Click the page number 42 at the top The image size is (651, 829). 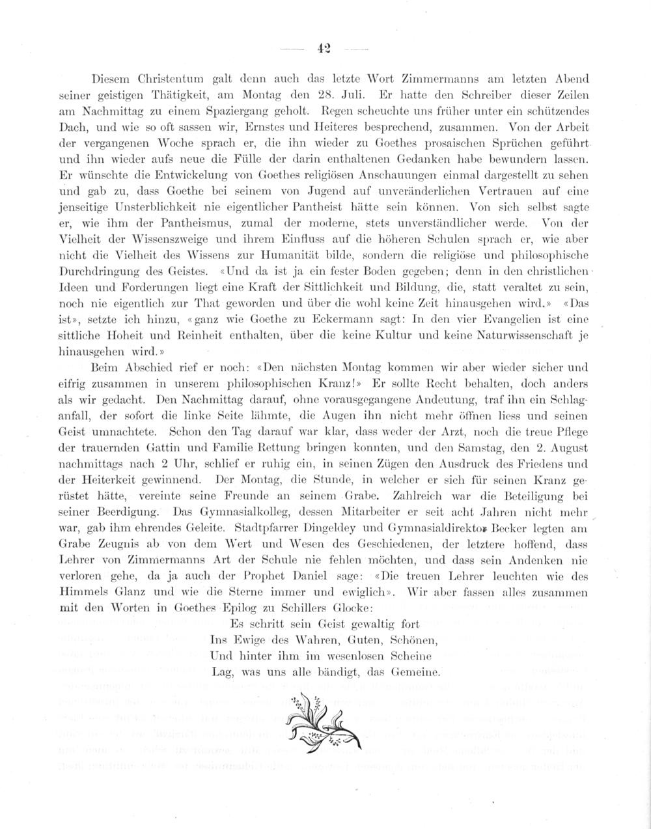tap(324, 48)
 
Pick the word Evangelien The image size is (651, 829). tap(524, 320)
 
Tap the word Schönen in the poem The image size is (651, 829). tap(410, 639)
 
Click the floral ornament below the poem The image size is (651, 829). tap(324, 720)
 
